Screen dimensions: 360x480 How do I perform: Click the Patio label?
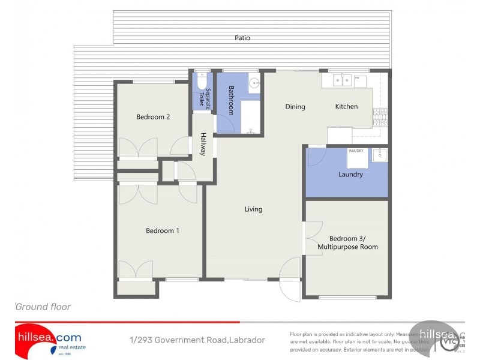pyautogui.click(x=242, y=38)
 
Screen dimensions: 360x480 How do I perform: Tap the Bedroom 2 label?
pyautogui.click(x=153, y=117)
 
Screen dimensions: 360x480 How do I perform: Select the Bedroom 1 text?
pyautogui.click(x=163, y=230)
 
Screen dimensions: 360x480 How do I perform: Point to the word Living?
pyautogui.click(x=253, y=209)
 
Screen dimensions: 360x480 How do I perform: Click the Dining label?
pyautogui.click(x=295, y=107)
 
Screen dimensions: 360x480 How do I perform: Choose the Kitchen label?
pyautogui.click(x=346, y=106)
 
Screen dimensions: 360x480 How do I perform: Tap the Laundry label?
pyautogui.click(x=350, y=175)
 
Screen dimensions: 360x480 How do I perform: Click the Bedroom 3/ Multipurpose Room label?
pyautogui.click(x=347, y=242)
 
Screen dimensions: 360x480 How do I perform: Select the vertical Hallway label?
pyautogui.click(x=203, y=145)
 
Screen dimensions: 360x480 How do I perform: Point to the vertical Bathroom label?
pyautogui.click(x=231, y=100)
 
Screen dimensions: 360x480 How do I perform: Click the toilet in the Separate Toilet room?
pyautogui.click(x=202, y=81)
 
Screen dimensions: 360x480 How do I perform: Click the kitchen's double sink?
pyautogui.click(x=342, y=79)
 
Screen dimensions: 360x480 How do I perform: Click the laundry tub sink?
pyautogui.click(x=379, y=155)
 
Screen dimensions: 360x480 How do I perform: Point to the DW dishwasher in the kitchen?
pyautogui.click(x=360, y=81)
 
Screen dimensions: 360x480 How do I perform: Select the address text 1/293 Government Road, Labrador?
pyautogui.click(x=197, y=340)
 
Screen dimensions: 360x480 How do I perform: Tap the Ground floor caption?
pyautogui.click(x=43, y=307)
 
